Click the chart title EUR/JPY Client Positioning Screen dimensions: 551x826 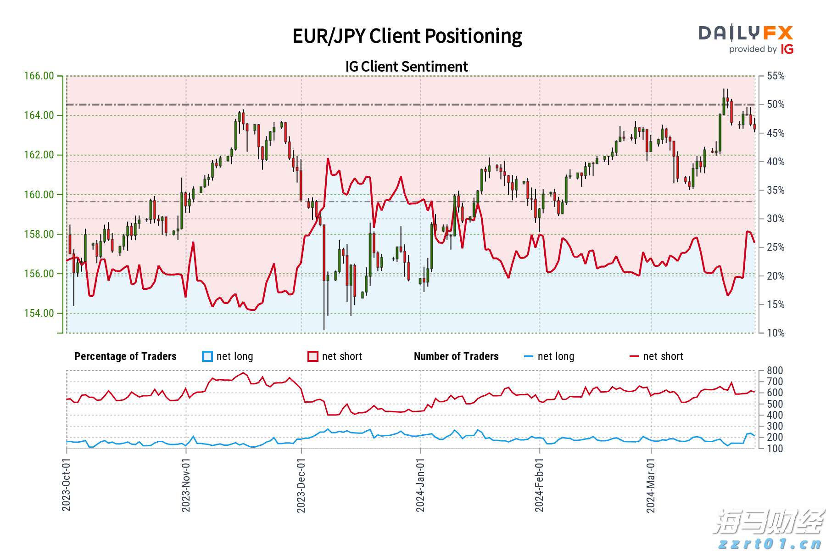pyautogui.click(x=407, y=36)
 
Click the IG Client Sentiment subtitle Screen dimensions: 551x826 pyautogui.click(x=407, y=67)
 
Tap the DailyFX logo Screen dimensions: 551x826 pyautogui.click(x=746, y=33)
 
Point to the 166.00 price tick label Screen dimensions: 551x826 pyautogui.click(x=39, y=76)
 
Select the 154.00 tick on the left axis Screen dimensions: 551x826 pyautogui.click(x=39, y=313)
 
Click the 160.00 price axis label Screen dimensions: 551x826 pyautogui.click(x=39, y=195)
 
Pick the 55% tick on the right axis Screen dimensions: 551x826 pyautogui.click(x=776, y=76)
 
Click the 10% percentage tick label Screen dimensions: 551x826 pyautogui.click(x=776, y=333)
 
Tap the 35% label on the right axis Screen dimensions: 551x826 pyautogui.click(x=776, y=190)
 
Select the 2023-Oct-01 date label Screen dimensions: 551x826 pyautogui.click(x=67, y=484)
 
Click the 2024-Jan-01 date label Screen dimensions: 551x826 pyautogui.click(x=420, y=484)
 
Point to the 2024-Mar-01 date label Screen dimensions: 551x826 pyautogui.click(x=651, y=484)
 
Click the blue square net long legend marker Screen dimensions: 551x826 pyautogui.click(x=207, y=356)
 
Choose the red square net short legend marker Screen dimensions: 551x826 pyautogui.click(x=313, y=356)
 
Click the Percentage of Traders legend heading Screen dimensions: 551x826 pyautogui.click(x=125, y=356)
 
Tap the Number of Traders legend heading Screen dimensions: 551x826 pyautogui.click(x=456, y=356)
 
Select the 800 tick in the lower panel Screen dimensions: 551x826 pyautogui.click(x=775, y=371)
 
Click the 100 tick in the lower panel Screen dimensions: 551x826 pyautogui.click(x=775, y=449)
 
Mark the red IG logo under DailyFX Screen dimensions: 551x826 pyautogui.click(x=787, y=49)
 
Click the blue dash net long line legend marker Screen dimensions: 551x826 pyautogui.click(x=529, y=356)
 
